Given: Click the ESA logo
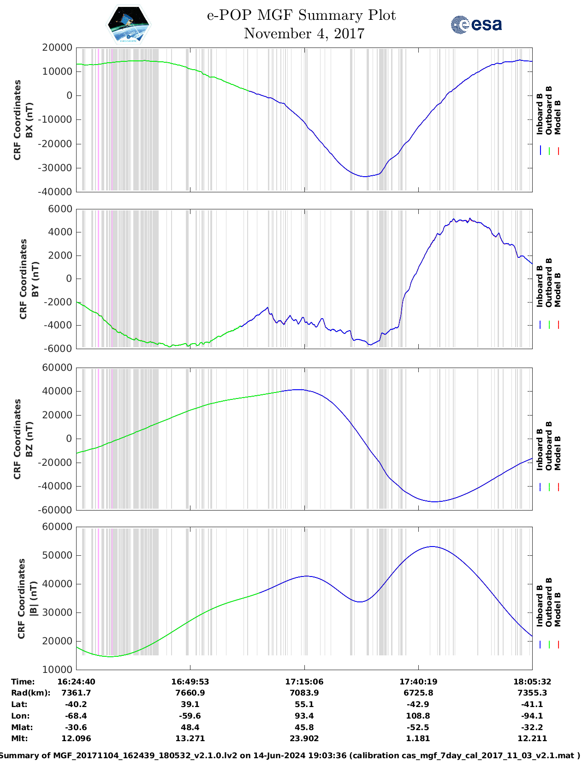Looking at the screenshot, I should click(476, 24).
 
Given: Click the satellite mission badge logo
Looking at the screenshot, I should click(128, 24).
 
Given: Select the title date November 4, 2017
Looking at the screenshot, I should click(304, 34).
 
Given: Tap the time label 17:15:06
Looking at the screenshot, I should click(304, 681).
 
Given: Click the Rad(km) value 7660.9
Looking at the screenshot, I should click(190, 693).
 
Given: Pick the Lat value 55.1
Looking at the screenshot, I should click(304, 704).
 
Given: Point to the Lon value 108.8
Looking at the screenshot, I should click(418, 716).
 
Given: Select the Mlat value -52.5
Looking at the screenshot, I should click(418, 727).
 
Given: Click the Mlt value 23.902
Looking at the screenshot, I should click(304, 738).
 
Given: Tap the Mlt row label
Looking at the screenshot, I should click(19, 738).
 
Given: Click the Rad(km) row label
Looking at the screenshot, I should click(30, 693).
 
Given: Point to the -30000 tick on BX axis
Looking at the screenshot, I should click(57, 168).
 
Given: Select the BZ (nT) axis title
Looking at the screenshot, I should click(30, 439).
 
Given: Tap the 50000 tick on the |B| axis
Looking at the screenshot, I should click(57, 555).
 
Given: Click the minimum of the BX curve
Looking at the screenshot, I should click(364, 177).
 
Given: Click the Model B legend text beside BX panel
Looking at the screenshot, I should click(558, 117).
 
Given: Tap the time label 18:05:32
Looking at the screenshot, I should click(532, 681).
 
